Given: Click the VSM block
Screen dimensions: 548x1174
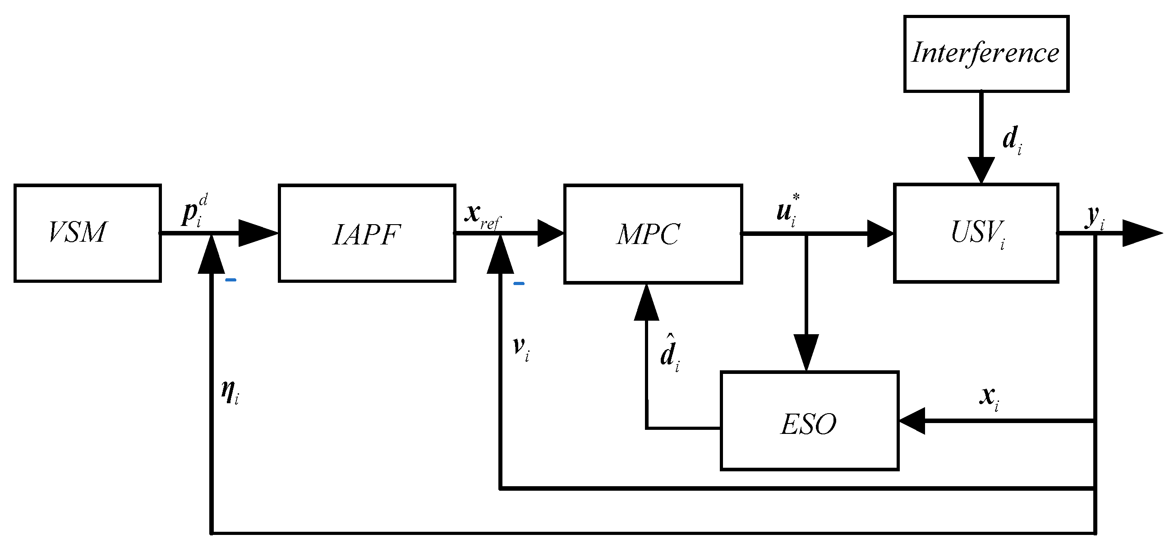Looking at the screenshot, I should (x=87, y=233).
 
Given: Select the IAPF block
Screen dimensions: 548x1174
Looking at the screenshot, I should (x=367, y=234).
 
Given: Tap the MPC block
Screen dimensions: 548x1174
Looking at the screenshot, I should (x=653, y=234).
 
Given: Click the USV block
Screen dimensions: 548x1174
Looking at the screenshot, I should (x=976, y=233).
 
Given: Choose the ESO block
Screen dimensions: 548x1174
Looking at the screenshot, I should (x=809, y=421).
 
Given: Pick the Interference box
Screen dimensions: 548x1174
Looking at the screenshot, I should (x=986, y=54).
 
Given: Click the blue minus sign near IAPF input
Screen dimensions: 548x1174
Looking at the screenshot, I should (x=230, y=280).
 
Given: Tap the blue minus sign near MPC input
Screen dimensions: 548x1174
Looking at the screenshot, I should (x=519, y=284).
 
